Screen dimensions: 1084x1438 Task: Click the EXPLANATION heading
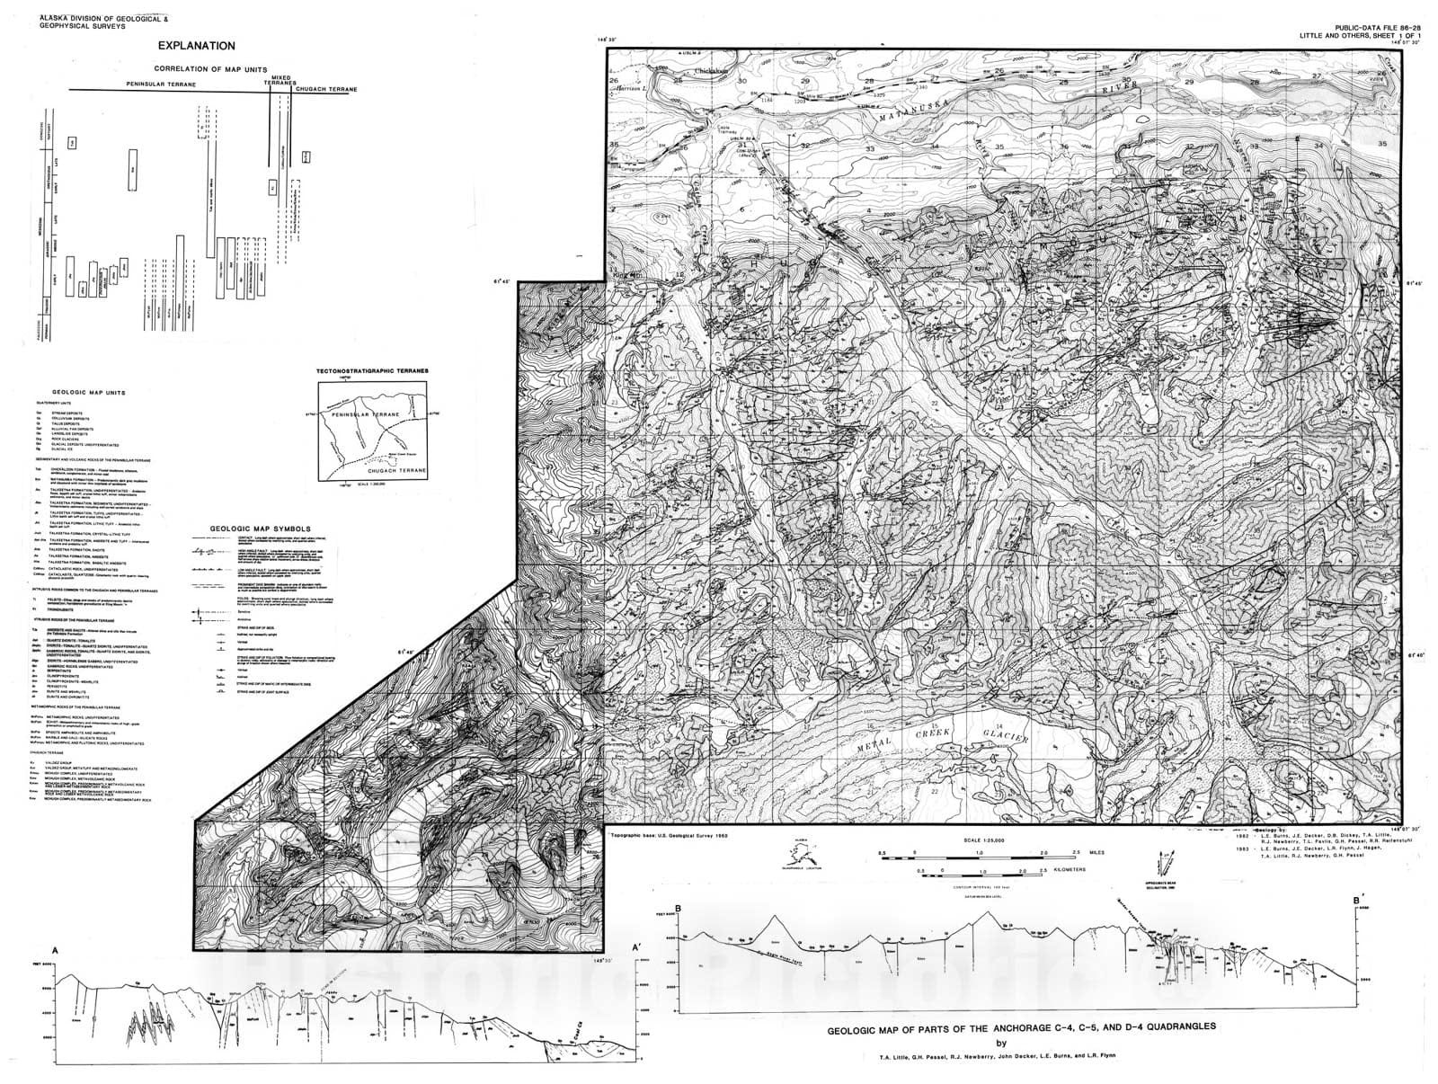pos(196,46)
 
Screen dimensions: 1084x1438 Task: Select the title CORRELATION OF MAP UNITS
pos(199,69)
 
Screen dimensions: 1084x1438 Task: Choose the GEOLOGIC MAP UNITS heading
pos(88,393)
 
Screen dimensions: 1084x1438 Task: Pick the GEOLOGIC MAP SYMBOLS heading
pos(260,529)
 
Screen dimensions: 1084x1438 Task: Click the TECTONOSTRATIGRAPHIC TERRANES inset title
pos(372,370)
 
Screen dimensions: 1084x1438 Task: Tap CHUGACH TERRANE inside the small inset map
pos(395,470)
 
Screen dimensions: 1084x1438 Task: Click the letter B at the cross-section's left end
pos(679,909)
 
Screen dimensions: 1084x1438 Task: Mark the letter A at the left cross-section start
pos(56,950)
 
